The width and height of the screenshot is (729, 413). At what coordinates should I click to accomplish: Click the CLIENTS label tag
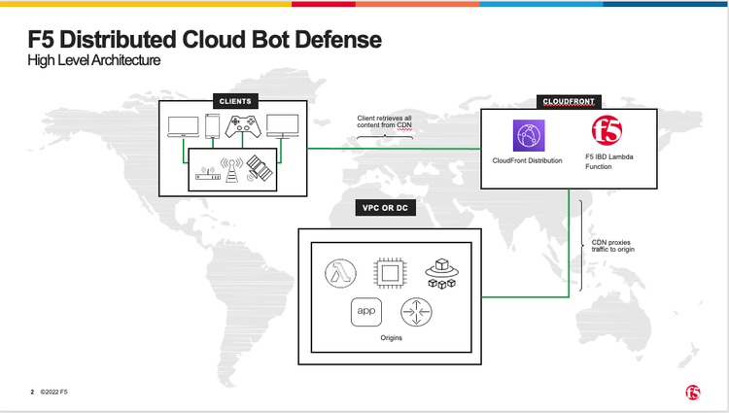tap(235, 100)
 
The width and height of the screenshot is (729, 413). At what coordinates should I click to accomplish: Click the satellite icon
tap(259, 169)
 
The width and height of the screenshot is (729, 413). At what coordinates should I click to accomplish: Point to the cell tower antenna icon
tap(231, 170)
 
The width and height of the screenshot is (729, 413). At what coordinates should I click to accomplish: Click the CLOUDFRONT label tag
tap(569, 100)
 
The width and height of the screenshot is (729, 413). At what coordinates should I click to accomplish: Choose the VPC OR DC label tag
tap(385, 209)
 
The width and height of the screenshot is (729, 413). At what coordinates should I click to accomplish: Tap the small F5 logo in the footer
tap(691, 391)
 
